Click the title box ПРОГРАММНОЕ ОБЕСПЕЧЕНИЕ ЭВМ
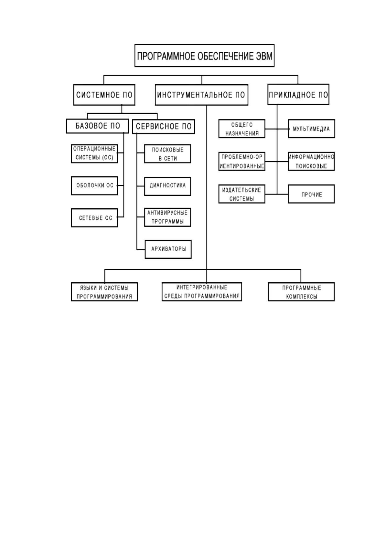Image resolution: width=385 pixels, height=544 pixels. pyautogui.click(x=204, y=56)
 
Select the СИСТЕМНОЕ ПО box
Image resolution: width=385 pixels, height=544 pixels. pyautogui.click(x=104, y=95)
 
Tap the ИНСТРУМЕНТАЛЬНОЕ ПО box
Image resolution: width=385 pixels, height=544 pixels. pyautogui.click(x=201, y=95)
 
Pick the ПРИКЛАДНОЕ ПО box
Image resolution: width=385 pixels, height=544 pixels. pyautogui.click(x=298, y=94)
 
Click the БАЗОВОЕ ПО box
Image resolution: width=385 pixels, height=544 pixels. pyautogui.click(x=98, y=126)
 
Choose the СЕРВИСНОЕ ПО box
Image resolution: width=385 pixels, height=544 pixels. pyautogui.click(x=164, y=127)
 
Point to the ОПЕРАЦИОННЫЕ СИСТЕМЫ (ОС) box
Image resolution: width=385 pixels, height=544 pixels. pyautogui.click(x=94, y=154)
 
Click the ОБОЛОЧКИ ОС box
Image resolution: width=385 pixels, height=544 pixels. pyautogui.click(x=94, y=186)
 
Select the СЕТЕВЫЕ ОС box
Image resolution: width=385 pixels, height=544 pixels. pyautogui.click(x=94, y=218)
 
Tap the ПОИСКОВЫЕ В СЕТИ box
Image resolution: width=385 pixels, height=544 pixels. pyautogui.click(x=168, y=154)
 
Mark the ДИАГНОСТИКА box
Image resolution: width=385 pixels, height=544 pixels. pyautogui.click(x=168, y=186)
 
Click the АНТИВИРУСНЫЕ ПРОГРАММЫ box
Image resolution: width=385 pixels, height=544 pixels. pyautogui.click(x=168, y=217)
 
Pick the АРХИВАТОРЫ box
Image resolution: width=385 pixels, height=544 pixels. pyautogui.click(x=168, y=249)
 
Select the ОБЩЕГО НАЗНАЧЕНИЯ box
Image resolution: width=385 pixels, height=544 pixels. pyautogui.click(x=242, y=129)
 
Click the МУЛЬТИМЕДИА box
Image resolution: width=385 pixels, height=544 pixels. pyautogui.click(x=312, y=129)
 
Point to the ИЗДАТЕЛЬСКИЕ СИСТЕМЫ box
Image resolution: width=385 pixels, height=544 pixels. pyautogui.click(x=242, y=194)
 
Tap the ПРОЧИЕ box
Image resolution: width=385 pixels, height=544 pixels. pyautogui.click(x=311, y=194)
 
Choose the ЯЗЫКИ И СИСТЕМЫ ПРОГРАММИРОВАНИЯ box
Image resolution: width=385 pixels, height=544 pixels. pyautogui.click(x=104, y=292)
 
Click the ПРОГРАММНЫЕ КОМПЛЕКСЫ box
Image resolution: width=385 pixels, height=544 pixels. pyautogui.click(x=301, y=292)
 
